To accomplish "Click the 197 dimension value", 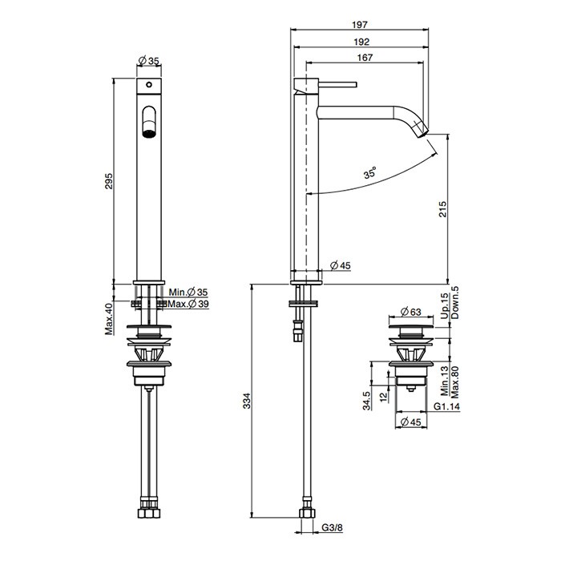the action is coord(360,25).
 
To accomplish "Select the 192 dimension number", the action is coord(361,42).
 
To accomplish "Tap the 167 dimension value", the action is coord(365,57).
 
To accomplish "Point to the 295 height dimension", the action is coord(109,181).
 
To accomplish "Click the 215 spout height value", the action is coord(443,209).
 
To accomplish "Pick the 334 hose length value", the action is coord(247,401).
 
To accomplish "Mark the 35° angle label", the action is coord(370,172).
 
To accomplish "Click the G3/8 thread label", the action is coord(332,527).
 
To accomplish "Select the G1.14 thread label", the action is coord(446,406).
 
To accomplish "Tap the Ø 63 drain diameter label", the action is coord(411,312).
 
